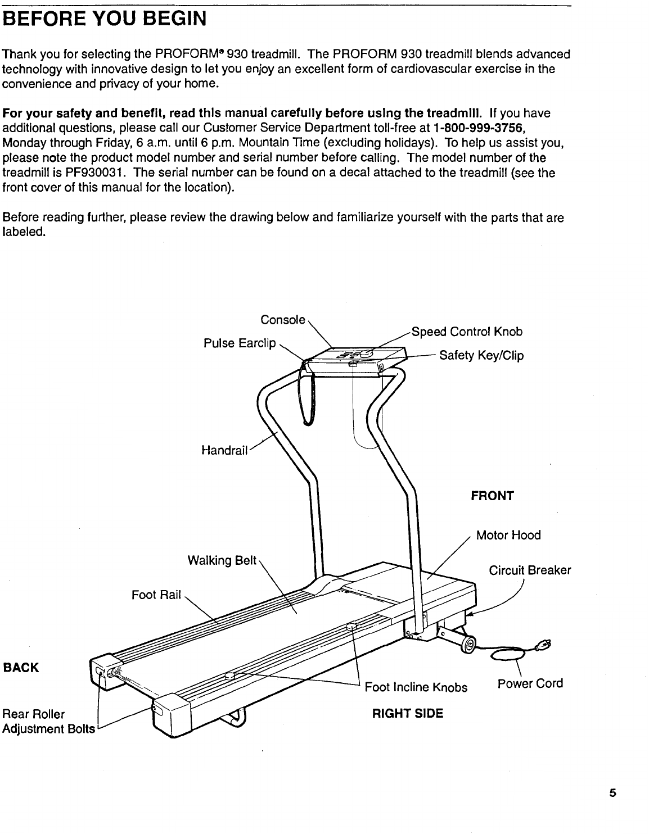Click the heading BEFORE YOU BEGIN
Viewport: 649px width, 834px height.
pyautogui.click(x=105, y=19)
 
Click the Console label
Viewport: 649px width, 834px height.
pyautogui.click(x=283, y=320)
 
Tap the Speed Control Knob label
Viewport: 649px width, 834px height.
pyautogui.click(x=467, y=332)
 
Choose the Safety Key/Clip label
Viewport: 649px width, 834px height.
pyautogui.click(x=481, y=355)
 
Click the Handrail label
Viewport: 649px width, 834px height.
pyautogui.click(x=224, y=450)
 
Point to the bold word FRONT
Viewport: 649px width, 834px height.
pyautogui.click(x=492, y=496)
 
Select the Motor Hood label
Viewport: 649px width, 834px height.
pyautogui.click(x=508, y=535)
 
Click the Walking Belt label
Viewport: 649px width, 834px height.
pyautogui.click(x=222, y=560)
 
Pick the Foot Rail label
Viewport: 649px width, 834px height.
pyautogui.click(x=156, y=595)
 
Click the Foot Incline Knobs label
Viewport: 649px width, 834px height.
pyautogui.click(x=416, y=687)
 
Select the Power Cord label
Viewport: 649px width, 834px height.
pyautogui.click(x=530, y=683)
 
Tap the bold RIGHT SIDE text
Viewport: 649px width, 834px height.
pyautogui.click(x=408, y=714)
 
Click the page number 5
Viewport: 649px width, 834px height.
pyautogui.click(x=612, y=794)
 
